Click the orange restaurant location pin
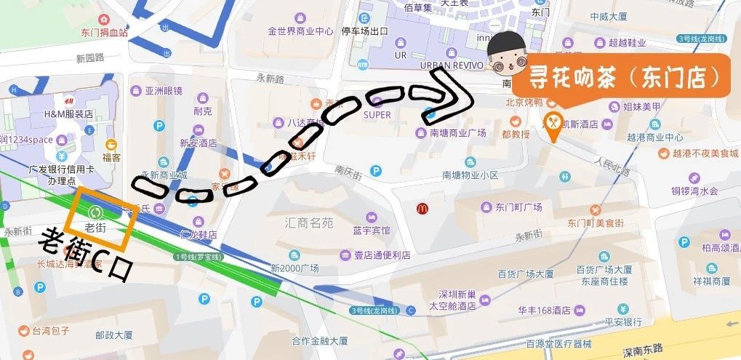[x=553, y=127]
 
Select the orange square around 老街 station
[x=97, y=217]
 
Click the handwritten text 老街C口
[x=86, y=255]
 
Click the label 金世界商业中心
[x=300, y=31]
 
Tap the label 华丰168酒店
[x=544, y=311]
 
